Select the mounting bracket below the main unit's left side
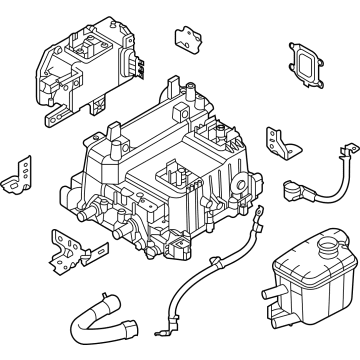[x=66, y=244]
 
